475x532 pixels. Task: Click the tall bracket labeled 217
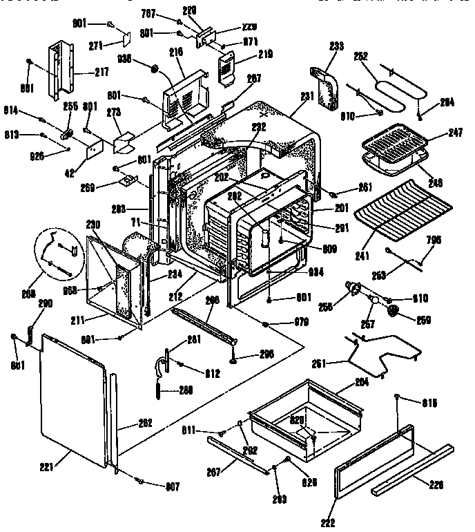(60, 69)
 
